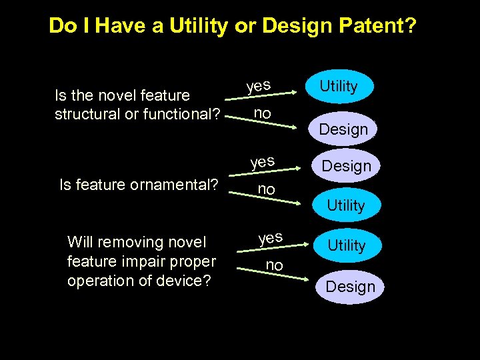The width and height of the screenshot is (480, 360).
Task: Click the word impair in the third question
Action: [x=150, y=261]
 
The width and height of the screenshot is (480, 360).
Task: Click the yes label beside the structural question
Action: [x=258, y=86]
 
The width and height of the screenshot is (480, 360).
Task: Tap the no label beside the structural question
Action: [x=263, y=113]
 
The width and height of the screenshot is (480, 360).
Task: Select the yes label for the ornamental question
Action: [x=262, y=162]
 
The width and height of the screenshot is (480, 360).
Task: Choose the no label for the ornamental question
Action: [x=266, y=189]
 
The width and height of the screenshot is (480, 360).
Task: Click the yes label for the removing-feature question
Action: [x=270, y=237]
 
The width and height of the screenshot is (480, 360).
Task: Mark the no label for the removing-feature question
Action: [x=274, y=265]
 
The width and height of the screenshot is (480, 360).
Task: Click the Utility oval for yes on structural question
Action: [x=339, y=86]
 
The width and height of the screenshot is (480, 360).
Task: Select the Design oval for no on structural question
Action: [x=343, y=129]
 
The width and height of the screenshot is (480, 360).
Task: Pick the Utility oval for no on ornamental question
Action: [x=345, y=205]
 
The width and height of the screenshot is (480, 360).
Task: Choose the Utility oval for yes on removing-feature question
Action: [x=347, y=246]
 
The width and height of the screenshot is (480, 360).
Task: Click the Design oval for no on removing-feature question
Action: [x=350, y=287]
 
